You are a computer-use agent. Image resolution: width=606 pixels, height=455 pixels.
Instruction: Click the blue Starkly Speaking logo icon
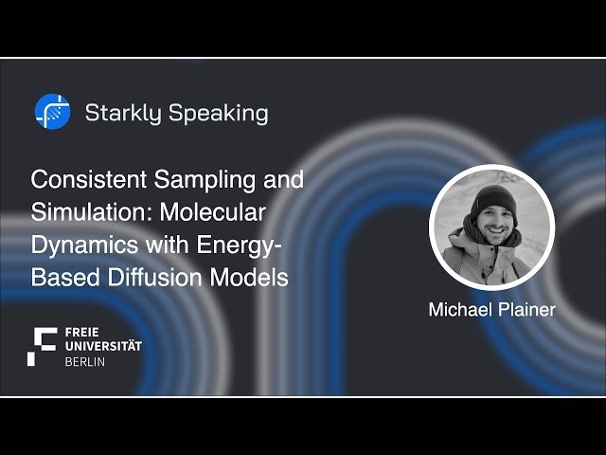[52, 112]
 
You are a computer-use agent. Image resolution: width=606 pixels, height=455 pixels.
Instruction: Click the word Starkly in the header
[123, 114]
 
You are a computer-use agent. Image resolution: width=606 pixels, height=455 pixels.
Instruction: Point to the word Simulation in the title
[80, 212]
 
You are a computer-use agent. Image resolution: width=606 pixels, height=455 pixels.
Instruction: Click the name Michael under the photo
[459, 310]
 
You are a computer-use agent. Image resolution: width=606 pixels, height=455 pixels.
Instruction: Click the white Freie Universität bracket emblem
[43, 346]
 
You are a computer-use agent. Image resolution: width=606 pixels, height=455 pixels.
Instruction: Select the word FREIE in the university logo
[82, 333]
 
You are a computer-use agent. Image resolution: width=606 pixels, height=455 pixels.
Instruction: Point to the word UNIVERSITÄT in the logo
[103, 347]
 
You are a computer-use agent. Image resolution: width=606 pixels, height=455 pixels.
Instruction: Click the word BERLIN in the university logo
[85, 362]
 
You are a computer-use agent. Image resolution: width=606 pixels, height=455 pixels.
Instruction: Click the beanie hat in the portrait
[493, 198]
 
